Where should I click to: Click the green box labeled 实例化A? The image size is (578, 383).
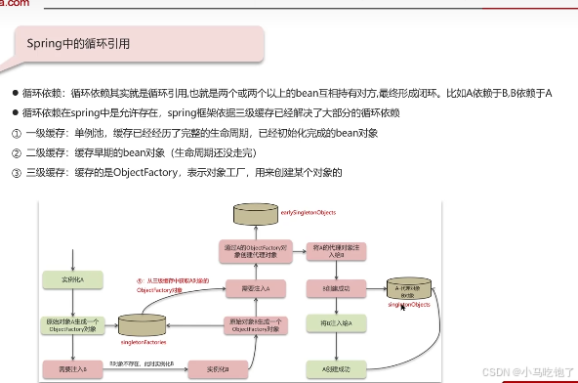(x=64, y=281)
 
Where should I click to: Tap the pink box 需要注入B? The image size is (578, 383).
(x=64, y=368)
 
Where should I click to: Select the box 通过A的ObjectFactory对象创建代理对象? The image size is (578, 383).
(x=256, y=250)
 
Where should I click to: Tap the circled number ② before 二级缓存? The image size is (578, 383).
(x=16, y=153)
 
